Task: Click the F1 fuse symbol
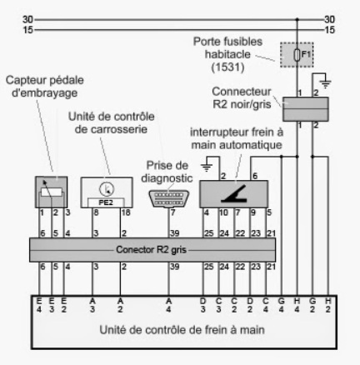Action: pyautogui.click(x=297, y=55)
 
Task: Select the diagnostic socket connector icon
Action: pyautogui.click(x=168, y=198)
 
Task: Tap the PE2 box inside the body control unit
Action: pyautogui.click(x=106, y=202)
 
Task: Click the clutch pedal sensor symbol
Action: pyautogui.click(x=52, y=192)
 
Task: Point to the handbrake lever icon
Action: pyautogui.click(x=234, y=193)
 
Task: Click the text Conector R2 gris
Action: pyautogui.click(x=151, y=250)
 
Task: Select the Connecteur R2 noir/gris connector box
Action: pyautogui.click(x=306, y=109)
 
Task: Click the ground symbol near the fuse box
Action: pyautogui.click(x=325, y=83)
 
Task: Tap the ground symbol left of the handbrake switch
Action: pyautogui.click(x=207, y=167)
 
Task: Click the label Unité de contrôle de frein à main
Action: pyautogui.click(x=182, y=330)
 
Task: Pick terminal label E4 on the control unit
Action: pyautogui.click(x=39, y=305)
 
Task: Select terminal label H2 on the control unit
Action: pyautogui.click(x=328, y=305)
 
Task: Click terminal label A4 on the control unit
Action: pyautogui.click(x=168, y=305)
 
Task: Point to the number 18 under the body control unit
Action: pyautogui.click(x=126, y=212)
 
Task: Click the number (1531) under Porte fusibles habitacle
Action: pyautogui.click(x=227, y=67)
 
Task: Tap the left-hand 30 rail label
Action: pyautogui.click(x=27, y=19)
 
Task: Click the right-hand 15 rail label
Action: pyautogui.click(x=330, y=30)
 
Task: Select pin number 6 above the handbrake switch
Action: pyautogui.click(x=255, y=176)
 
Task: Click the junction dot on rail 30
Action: pyautogui.click(x=297, y=19)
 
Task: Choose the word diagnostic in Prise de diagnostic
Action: pyautogui.click(x=167, y=178)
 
